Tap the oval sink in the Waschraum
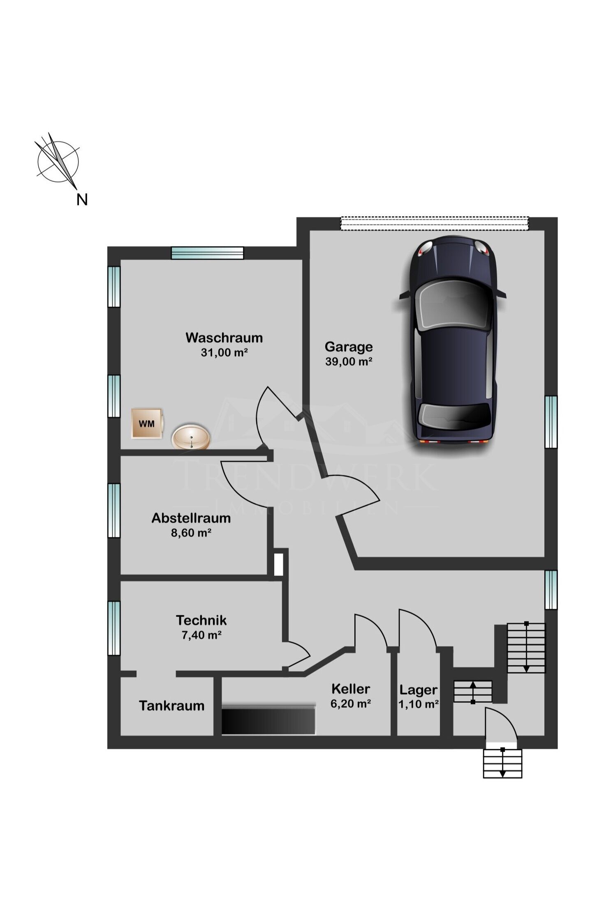coord(191,437)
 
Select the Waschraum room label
coord(224,338)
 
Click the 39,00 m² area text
coord(349,361)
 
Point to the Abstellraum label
coord(191,518)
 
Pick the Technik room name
coord(201,620)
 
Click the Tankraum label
coord(171,706)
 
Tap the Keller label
coord(351,689)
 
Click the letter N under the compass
coord(82,200)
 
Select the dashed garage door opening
coord(434,223)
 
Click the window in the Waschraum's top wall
coord(207,253)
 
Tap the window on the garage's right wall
coord(551,422)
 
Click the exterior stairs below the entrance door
coord(502,763)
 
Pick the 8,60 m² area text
coord(191,533)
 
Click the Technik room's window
coord(114,628)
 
